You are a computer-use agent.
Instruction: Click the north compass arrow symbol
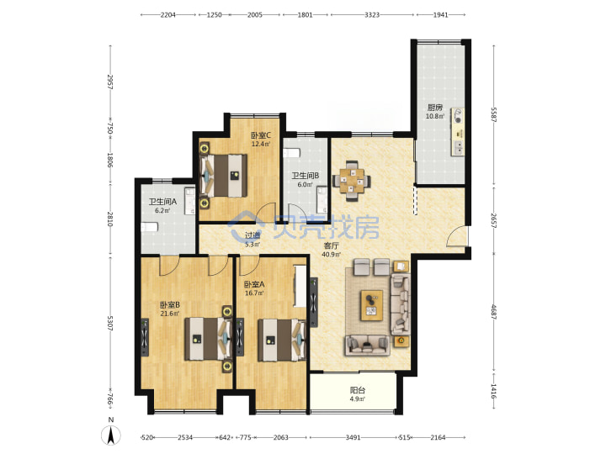point(110,436)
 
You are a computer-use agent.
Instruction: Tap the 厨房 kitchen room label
point(435,108)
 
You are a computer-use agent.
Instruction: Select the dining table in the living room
point(352,180)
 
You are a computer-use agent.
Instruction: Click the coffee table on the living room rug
point(372,305)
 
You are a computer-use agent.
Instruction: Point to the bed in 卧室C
point(223,176)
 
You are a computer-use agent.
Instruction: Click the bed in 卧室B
point(208,339)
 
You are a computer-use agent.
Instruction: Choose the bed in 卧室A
point(282,340)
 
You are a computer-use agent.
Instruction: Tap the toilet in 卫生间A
point(149,227)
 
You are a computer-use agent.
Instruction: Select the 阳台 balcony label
point(358,390)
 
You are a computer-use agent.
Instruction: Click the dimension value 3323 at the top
point(372,14)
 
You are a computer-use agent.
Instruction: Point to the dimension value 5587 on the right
point(493,114)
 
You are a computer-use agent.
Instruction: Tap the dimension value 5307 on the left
point(109,323)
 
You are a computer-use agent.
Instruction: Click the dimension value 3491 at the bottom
point(353,437)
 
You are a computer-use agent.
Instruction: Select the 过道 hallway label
point(252,235)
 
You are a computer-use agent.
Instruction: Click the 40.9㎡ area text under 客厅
point(332,255)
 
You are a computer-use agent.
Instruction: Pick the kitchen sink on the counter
point(458,147)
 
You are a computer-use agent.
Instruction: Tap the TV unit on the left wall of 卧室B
point(145,337)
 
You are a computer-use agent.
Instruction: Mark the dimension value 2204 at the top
point(168,14)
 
